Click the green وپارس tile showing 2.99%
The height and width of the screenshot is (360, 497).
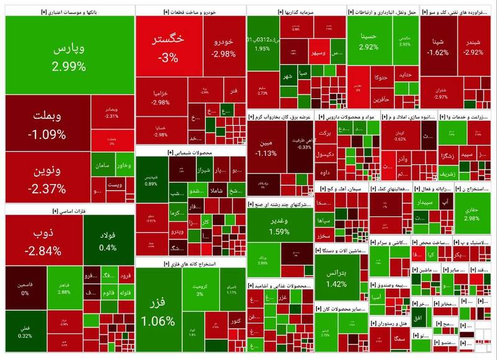coord(68,56)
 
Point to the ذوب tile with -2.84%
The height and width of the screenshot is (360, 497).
coord(42,241)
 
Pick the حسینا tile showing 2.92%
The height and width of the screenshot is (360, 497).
coord(368,41)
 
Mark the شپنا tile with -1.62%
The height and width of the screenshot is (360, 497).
coord(438,47)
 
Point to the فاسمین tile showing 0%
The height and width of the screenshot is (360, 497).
coord(25,288)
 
